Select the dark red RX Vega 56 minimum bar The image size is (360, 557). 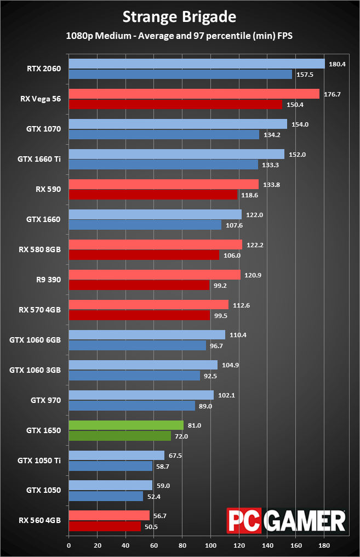pyautogui.click(x=175, y=104)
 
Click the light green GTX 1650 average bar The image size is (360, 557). pyautogui.click(x=126, y=425)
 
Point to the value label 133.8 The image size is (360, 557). pyautogui.click(x=271, y=185)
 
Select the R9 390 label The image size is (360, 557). pyautogui.click(x=48, y=280)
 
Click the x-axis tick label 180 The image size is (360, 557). pyautogui.click(x=324, y=545)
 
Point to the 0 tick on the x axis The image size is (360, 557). pyautogui.click(x=68, y=545)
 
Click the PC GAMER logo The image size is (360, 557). pyautogui.click(x=286, y=520)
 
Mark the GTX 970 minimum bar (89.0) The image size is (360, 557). pyautogui.click(x=132, y=406)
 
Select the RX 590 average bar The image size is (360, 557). pyautogui.click(x=163, y=184)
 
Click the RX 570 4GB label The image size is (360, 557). pyautogui.click(x=39, y=310)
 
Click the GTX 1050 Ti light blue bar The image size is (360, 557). pyautogui.click(x=116, y=456)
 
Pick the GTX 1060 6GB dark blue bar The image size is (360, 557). pyautogui.click(x=137, y=345)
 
